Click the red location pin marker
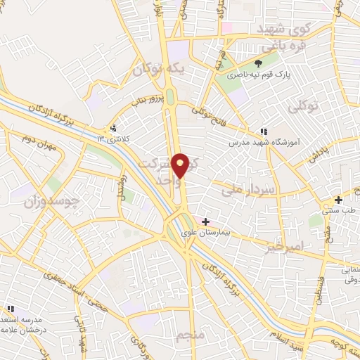pos(182,165)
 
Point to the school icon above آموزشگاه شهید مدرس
pos(263,131)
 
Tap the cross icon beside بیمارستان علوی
pos(205,222)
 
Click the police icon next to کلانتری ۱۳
pos(113,129)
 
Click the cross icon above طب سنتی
pos(339,200)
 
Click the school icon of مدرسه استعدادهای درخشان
pos(11,309)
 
